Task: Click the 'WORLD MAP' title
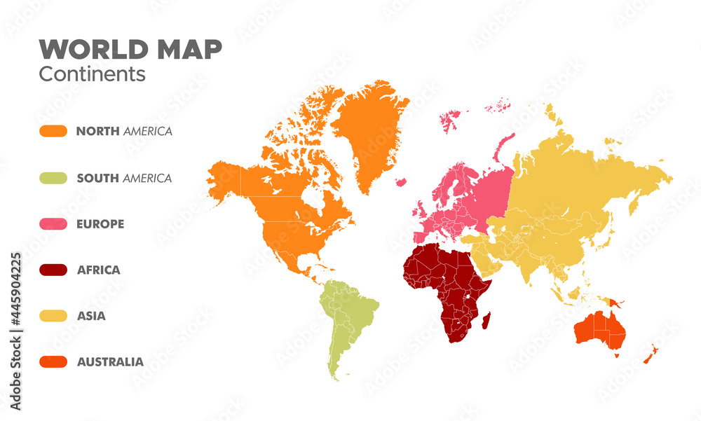130,50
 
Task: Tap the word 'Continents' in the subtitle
92,74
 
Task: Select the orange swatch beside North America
53,131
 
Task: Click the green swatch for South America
53,178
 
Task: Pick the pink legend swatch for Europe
53,224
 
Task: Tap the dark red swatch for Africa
53,270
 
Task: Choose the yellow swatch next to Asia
53,316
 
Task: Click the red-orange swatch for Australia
53,362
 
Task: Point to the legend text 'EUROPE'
100,224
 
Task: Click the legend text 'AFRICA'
98,270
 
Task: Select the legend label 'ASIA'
91,316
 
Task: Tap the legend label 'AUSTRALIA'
110,362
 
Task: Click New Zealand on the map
650,354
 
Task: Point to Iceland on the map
401,182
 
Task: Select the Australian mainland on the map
599,328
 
